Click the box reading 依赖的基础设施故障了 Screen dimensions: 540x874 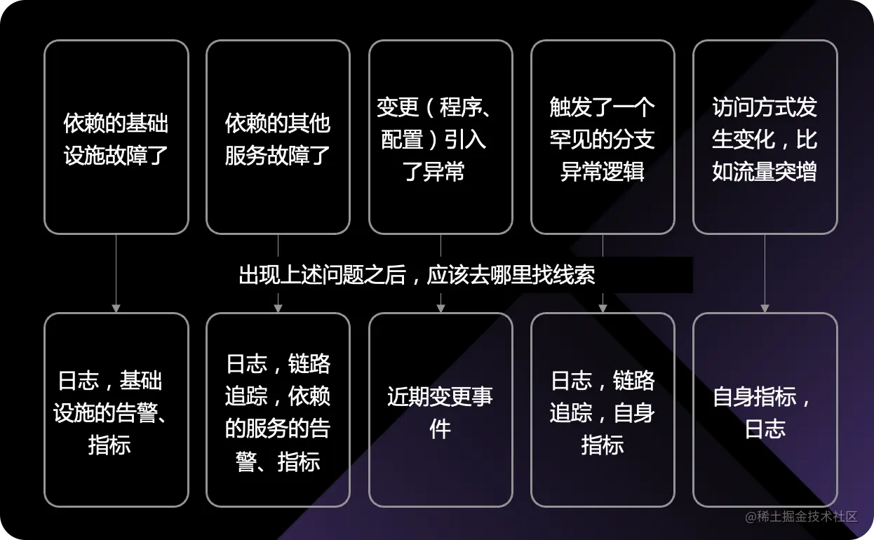tap(116, 137)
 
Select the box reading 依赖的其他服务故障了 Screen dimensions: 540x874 tap(278, 137)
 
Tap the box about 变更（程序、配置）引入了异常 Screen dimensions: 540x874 tap(441, 137)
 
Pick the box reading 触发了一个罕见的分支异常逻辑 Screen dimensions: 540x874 tap(603, 137)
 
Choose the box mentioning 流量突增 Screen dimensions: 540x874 tap(765, 137)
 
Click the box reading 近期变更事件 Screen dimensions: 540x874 tap(441, 410)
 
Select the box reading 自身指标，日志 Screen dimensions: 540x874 tap(765, 410)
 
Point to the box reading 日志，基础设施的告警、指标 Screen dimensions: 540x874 tap(116, 410)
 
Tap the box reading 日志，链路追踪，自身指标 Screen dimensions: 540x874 tap(603, 410)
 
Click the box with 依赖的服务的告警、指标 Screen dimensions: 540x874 tap(278, 410)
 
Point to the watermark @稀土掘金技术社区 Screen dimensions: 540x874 tap(801, 517)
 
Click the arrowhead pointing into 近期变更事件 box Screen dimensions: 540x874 tap(441, 308)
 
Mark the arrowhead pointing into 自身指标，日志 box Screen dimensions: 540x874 tap(765, 308)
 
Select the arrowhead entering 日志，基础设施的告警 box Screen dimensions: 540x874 tap(116, 308)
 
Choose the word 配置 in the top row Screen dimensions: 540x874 tap(403, 139)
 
